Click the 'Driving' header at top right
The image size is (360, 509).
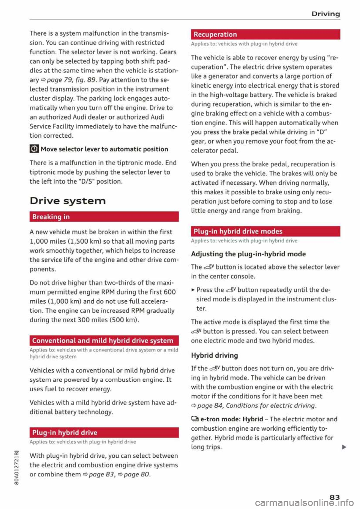click(325, 14)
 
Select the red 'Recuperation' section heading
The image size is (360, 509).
click(215, 34)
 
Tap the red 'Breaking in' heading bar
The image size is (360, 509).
click(51, 217)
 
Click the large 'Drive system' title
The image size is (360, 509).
click(68, 201)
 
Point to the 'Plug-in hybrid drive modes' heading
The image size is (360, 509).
click(238, 231)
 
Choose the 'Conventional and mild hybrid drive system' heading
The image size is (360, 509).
click(103, 340)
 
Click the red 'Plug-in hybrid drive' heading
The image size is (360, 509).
click(65, 432)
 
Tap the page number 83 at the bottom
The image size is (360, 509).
click(334, 497)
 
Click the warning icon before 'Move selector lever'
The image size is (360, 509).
click(34, 149)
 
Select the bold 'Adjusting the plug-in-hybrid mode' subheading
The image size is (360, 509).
click(248, 254)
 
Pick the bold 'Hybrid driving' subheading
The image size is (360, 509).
click(214, 355)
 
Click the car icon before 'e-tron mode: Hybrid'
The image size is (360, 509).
click(195, 419)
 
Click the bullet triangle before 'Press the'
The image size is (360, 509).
click(193, 290)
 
